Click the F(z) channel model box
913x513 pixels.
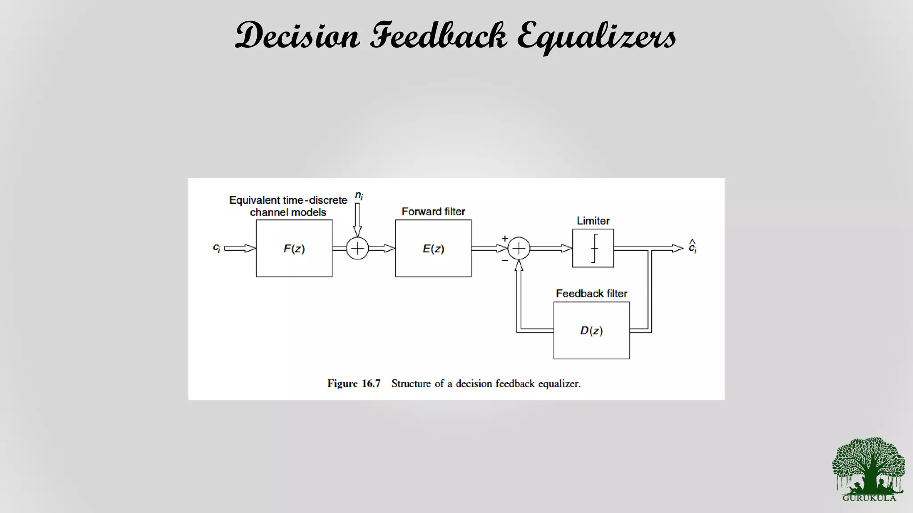tap(294, 248)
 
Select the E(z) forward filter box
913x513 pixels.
tap(433, 248)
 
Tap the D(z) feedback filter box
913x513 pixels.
tap(592, 330)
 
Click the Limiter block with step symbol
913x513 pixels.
tap(593, 248)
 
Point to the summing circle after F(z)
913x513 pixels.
tap(358, 248)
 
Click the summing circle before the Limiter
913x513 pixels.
tap(519, 248)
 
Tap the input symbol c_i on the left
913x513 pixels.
tap(217, 248)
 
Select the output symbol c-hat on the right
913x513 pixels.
tap(692, 247)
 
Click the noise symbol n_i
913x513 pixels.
tap(359, 195)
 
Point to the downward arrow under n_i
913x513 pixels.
tap(358, 220)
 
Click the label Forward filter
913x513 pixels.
tap(433, 212)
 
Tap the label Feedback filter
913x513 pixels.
tap(592, 293)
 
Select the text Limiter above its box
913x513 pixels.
tap(593, 221)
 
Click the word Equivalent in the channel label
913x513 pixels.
tap(255, 200)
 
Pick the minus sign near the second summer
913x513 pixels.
tap(505, 260)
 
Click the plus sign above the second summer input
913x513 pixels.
tap(505, 239)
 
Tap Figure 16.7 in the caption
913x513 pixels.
tap(354, 384)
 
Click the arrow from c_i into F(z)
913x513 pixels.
tap(240, 248)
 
